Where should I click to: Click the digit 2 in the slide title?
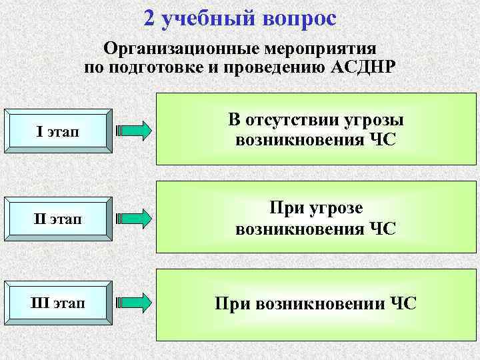click(150, 18)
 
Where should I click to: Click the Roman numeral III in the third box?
click(39, 304)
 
